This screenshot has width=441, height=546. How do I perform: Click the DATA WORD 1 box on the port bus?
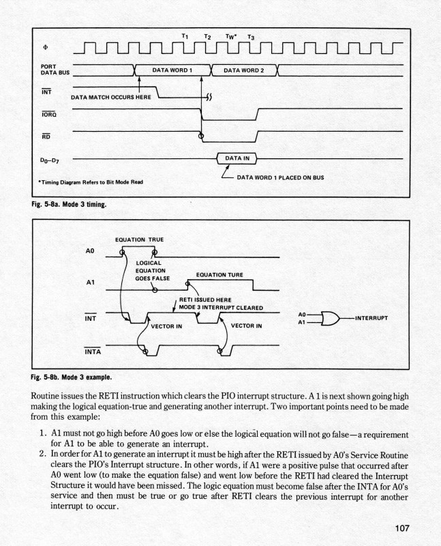[x=172, y=70]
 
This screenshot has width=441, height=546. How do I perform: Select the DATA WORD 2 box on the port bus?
[x=243, y=70]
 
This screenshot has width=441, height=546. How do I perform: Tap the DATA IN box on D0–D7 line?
[x=237, y=158]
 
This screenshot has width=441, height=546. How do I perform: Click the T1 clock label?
[x=185, y=35]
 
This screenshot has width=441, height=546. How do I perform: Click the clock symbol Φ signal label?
[x=46, y=48]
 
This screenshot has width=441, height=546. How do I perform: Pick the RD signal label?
[x=45, y=135]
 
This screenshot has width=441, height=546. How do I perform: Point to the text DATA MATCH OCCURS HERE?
[x=110, y=98]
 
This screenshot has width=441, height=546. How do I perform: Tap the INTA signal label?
[x=93, y=352]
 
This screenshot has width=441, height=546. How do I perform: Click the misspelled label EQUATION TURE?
[x=219, y=275]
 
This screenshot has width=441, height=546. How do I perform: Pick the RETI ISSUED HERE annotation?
[x=205, y=300]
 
